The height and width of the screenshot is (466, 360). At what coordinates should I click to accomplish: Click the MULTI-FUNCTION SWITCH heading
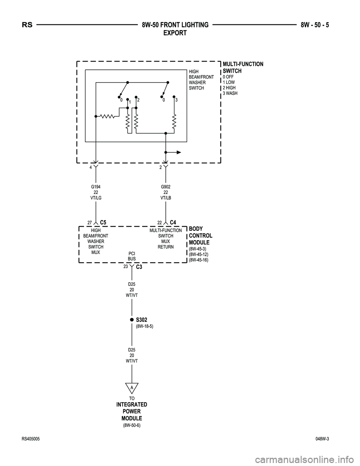click(243, 67)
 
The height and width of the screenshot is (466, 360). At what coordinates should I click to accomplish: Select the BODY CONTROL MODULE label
click(200, 236)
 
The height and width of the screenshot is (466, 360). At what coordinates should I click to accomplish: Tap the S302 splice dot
click(132, 320)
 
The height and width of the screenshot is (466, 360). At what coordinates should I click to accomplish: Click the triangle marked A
click(132, 388)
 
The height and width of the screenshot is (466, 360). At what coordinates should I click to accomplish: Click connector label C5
click(103, 222)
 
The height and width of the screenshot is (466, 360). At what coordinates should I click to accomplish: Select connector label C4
click(173, 222)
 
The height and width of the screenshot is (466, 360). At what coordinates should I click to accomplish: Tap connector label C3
click(138, 267)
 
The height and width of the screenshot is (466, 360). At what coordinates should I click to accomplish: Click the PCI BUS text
click(132, 256)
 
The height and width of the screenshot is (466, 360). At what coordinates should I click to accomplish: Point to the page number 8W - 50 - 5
click(317, 25)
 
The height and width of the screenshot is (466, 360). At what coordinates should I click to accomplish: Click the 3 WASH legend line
click(230, 93)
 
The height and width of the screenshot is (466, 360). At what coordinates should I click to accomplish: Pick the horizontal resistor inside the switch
click(108, 116)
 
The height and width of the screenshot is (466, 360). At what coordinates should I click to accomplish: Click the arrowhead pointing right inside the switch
click(179, 152)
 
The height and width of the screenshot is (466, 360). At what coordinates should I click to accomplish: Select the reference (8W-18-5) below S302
click(144, 326)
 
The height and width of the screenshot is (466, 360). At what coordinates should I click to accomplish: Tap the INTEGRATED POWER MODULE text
click(132, 411)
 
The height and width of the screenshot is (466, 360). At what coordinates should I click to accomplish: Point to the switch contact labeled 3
click(174, 96)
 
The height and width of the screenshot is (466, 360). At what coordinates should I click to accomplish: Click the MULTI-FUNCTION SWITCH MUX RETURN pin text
click(165, 239)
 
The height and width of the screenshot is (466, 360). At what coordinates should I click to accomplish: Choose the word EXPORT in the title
click(175, 33)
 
